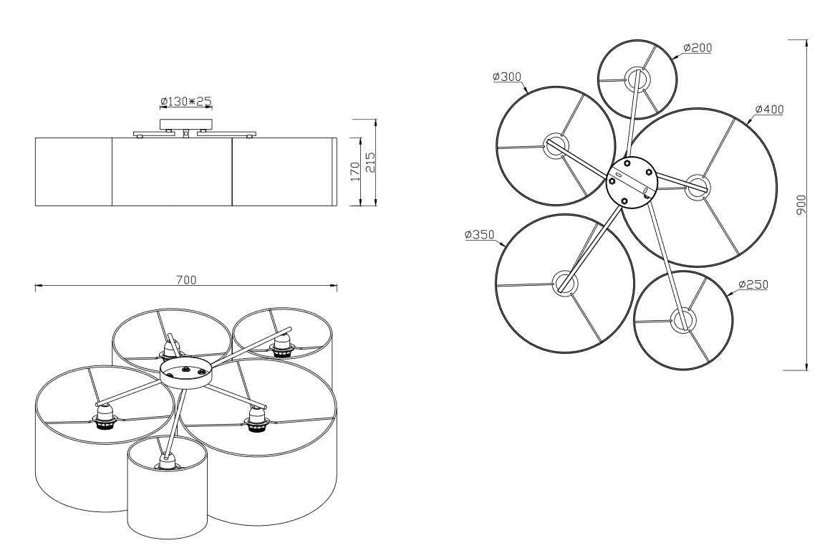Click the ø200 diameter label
[697, 48]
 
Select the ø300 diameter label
[507, 77]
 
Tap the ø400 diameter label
[769, 110]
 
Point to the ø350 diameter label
[479, 234]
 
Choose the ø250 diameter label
[753, 285]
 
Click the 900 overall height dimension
[801, 205]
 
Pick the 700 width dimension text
[186, 280]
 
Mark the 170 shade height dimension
[356, 171]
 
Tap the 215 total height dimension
[371, 163]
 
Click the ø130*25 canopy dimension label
[186, 101]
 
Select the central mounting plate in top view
[632, 181]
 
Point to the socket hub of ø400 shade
[698, 187]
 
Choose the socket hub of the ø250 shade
[683, 320]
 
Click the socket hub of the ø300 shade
[556, 144]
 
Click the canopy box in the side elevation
[186, 124]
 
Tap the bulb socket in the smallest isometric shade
[165, 461]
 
